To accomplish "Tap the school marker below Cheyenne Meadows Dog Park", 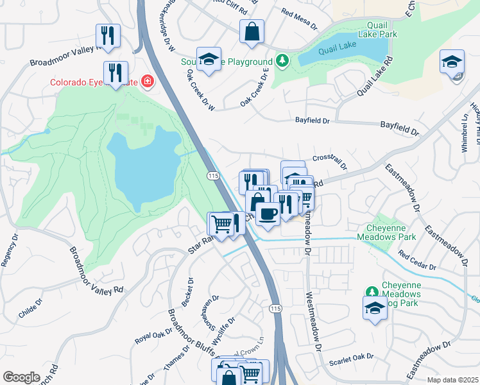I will [375, 308].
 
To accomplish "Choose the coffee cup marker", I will [267, 213].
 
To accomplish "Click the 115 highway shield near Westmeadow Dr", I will [276, 309].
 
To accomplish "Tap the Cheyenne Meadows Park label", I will [390, 232].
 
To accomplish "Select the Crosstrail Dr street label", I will [330, 161].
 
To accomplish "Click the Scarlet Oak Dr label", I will [351, 359].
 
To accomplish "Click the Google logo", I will [21, 377].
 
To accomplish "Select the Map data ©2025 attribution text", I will [452, 380].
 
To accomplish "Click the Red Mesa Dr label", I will [299, 19].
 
